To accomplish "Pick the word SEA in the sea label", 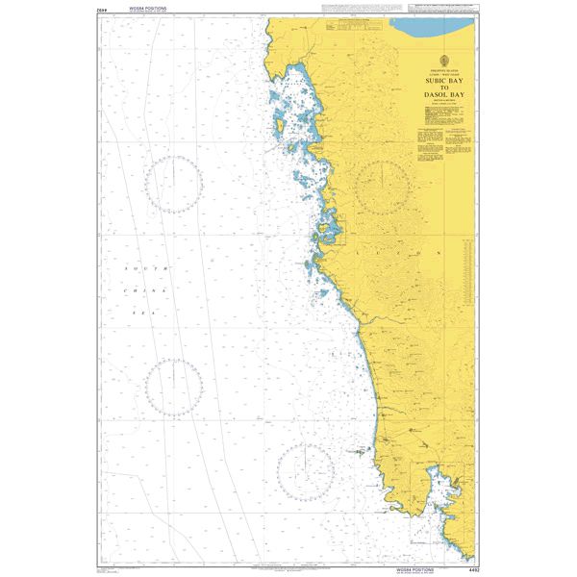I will click(x=146, y=312).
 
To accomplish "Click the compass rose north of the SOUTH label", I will click(x=174, y=183).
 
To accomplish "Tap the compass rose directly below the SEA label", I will click(x=174, y=388).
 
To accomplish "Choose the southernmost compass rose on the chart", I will click(x=306, y=471).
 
